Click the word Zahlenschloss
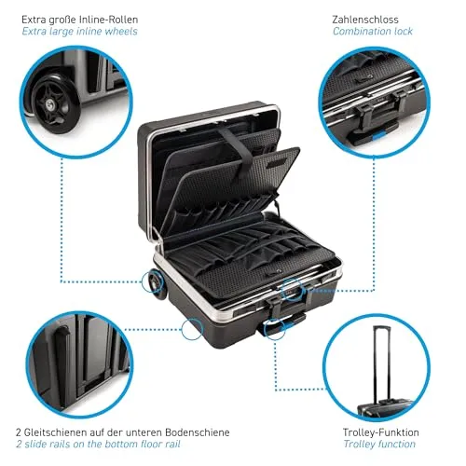(365, 20)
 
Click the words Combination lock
(373, 32)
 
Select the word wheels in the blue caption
(121, 32)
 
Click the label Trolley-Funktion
(381, 432)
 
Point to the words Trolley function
(379, 444)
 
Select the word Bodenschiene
(198, 432)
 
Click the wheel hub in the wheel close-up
(49, 103)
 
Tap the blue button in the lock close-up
(379, 135)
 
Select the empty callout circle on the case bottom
(192, 329)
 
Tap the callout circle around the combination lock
(292, 290)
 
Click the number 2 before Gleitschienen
(19, 432)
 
